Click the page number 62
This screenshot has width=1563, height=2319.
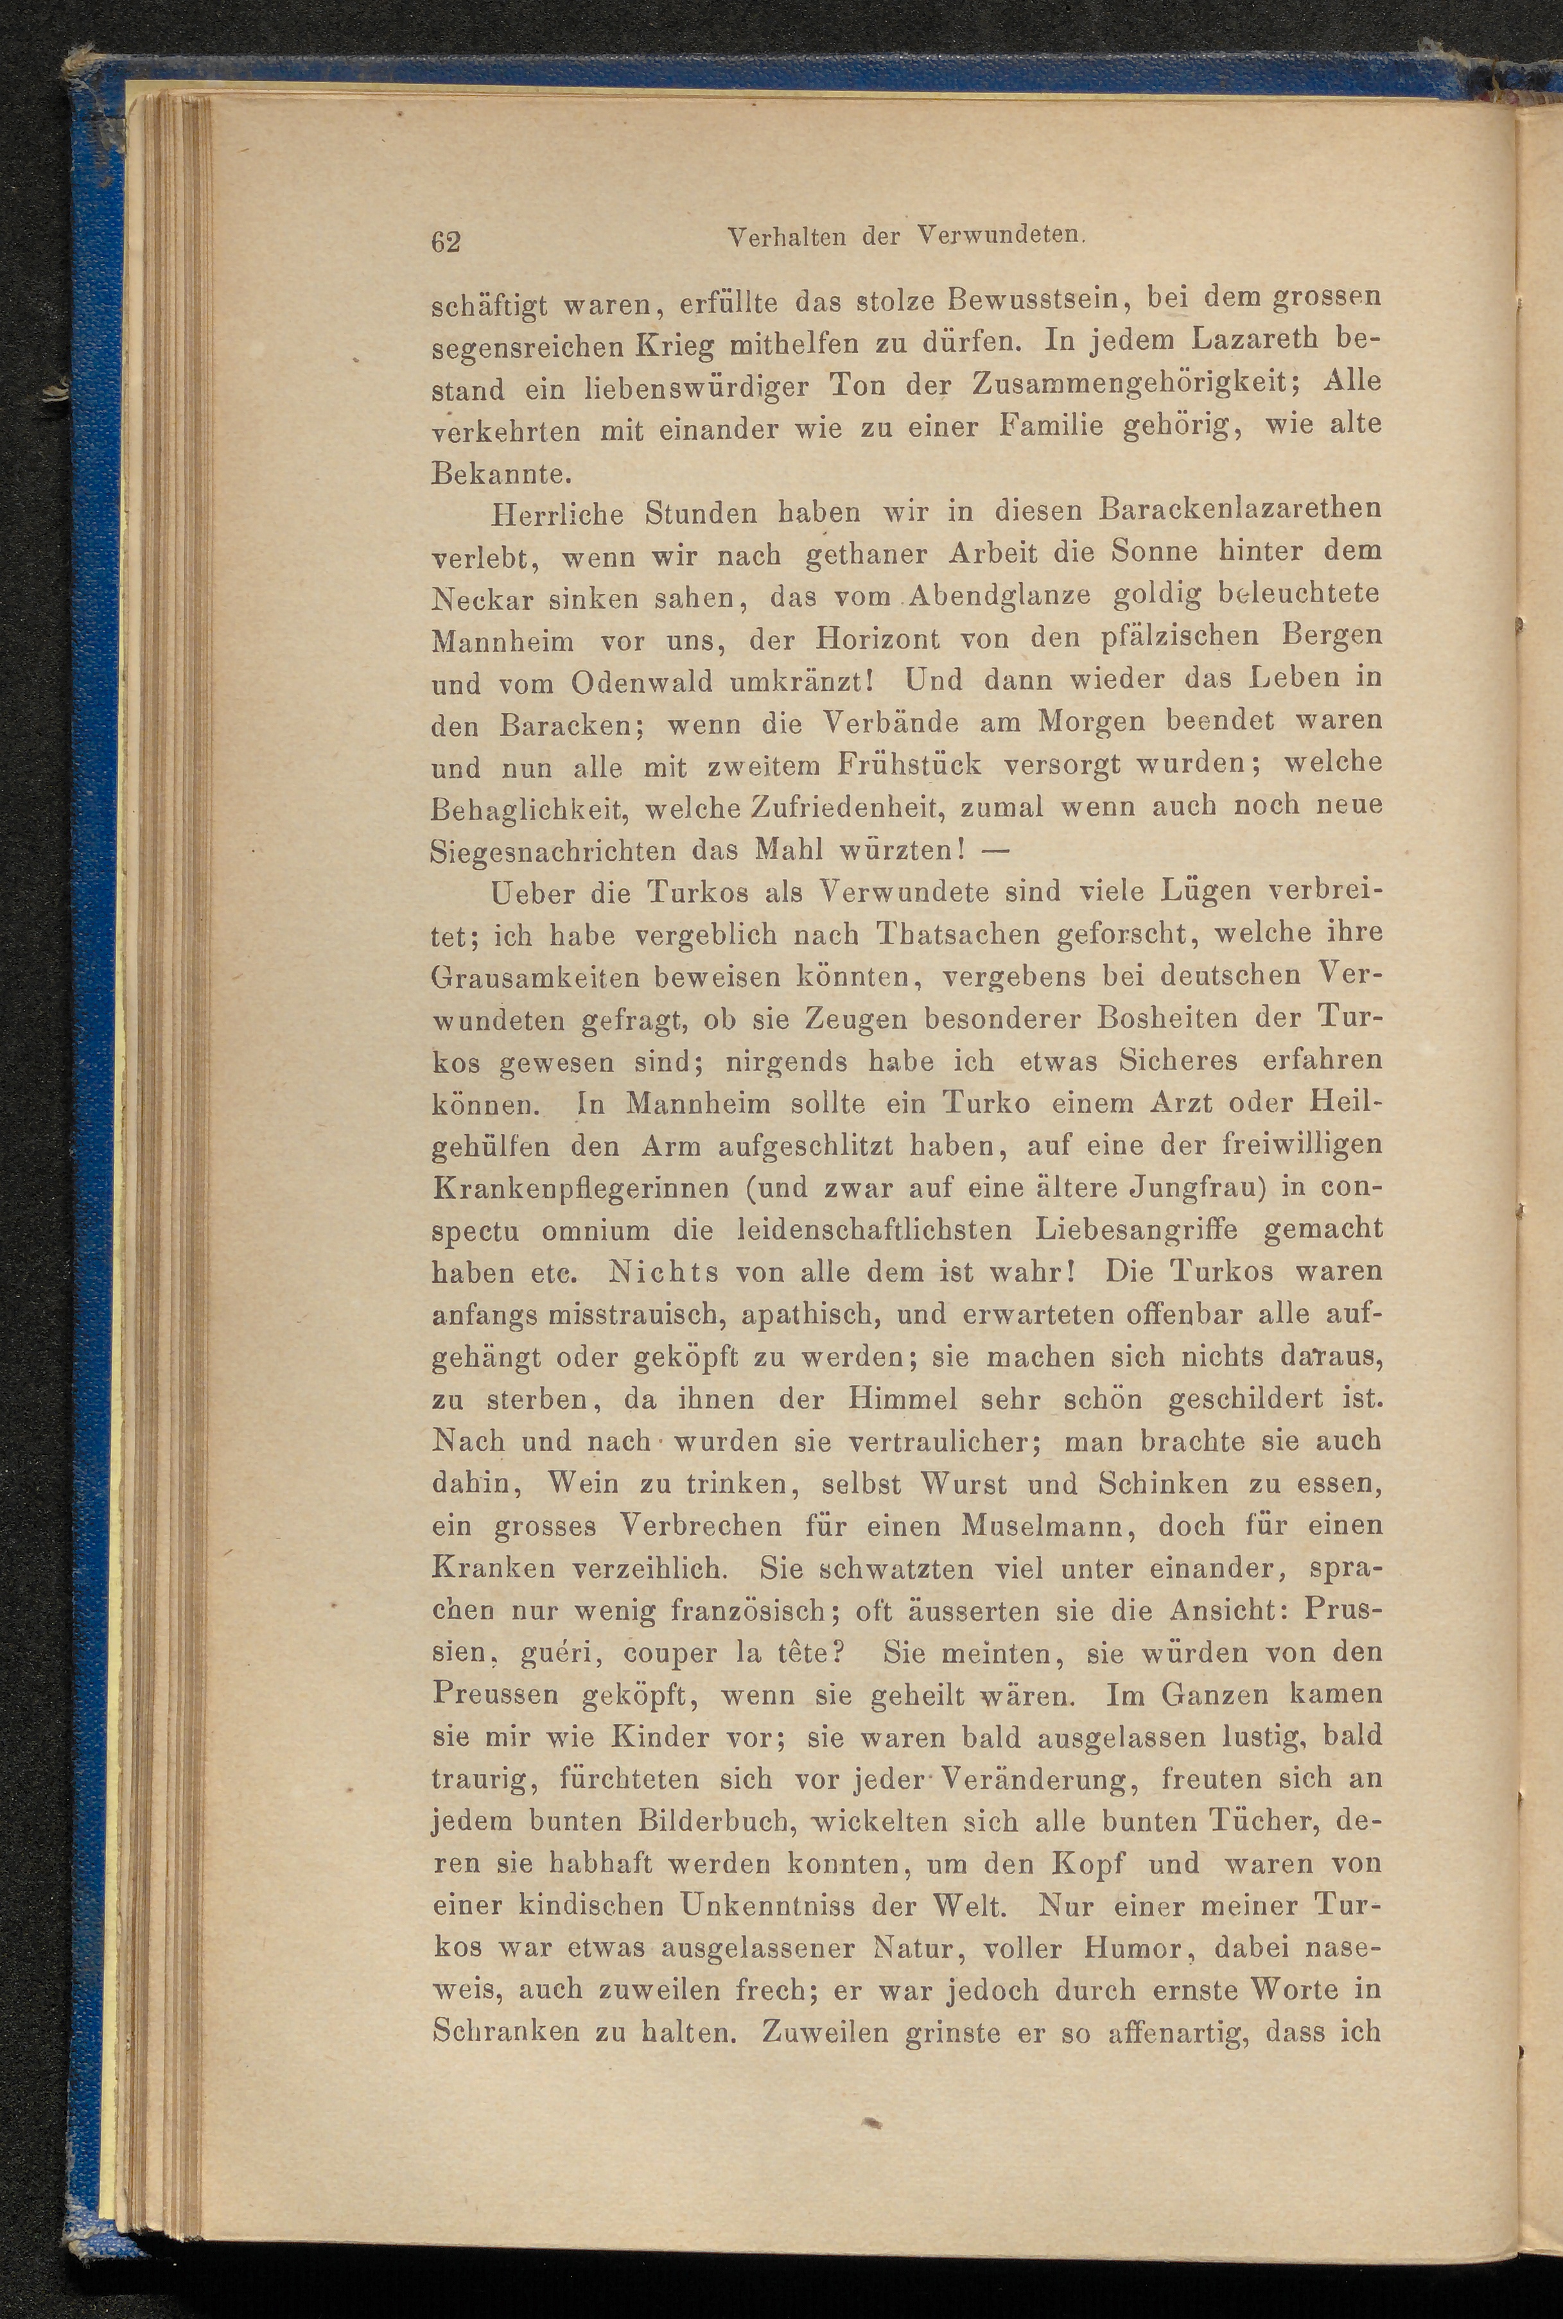tap(446, 241)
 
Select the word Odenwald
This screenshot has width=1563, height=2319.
tap(643, 684)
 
